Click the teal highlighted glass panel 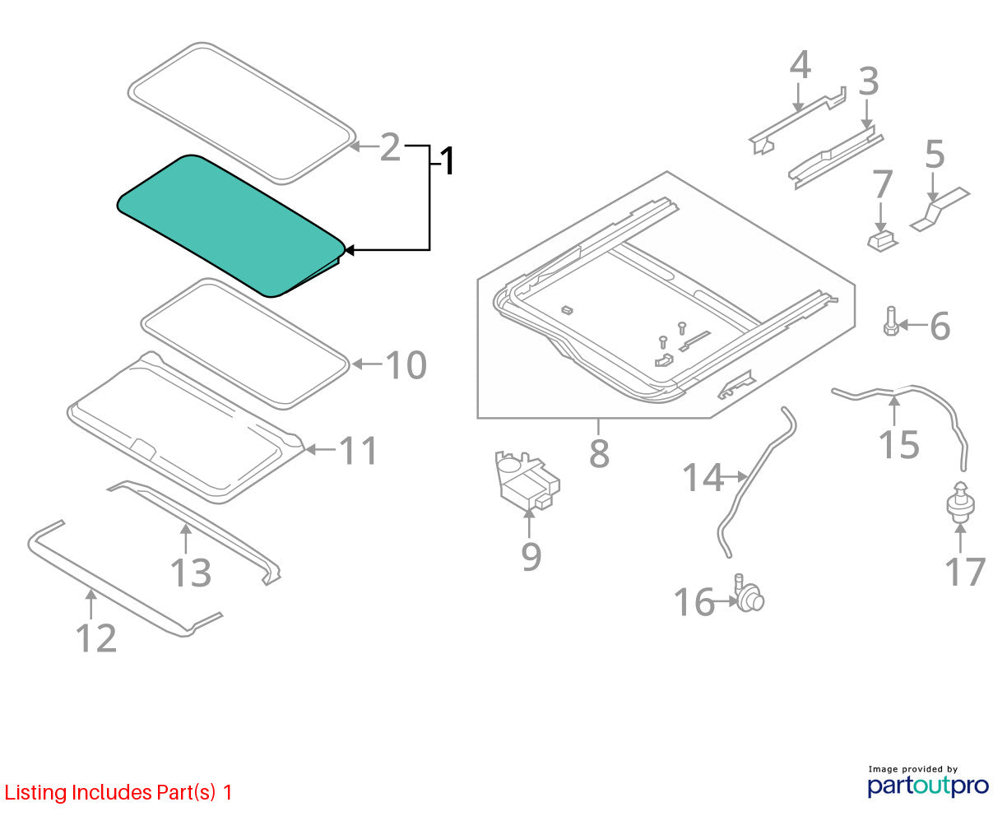click(230, 226)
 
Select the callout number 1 click(447, 161)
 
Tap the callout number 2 click(390, 147)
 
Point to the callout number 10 click(406, 364)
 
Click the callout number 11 click(359, 450)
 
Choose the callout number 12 click(96, 637)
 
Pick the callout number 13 click(190, 573)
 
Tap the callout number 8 click(599, 453)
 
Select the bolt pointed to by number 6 click(891, 321)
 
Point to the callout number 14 click(703, 477)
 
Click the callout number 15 click(898, 444)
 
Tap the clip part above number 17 click(960, 503)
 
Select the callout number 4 click(800, 65)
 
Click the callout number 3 click(869, 81)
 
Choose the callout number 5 click(935, 154)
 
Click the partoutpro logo click(927, 786)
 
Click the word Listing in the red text click(36, 793)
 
